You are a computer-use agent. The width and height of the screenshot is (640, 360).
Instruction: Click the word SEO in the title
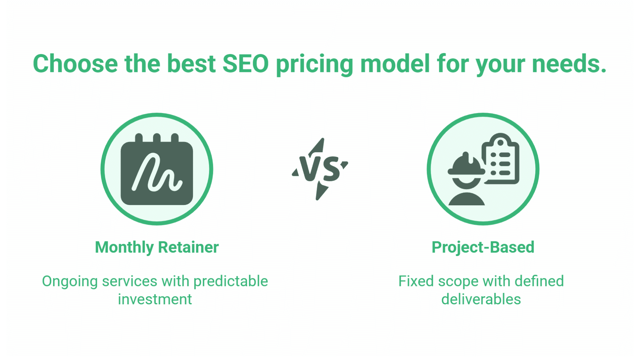(245, 63)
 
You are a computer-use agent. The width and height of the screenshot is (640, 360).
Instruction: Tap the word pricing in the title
(314, 64)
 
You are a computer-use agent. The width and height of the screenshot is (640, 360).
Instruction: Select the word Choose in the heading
(75, 63)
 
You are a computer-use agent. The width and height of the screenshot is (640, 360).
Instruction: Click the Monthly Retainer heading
(157, 247)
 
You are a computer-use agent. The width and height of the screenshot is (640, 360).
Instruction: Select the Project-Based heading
(483, 247)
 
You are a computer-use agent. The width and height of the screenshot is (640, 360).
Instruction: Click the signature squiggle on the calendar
(157, 173)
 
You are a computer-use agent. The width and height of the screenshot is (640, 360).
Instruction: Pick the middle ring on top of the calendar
(157, 138)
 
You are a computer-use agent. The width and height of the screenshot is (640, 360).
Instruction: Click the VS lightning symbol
(320, 169)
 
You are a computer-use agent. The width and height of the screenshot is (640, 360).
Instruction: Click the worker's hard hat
(466, 166)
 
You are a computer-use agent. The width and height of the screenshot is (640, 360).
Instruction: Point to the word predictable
(231, 281)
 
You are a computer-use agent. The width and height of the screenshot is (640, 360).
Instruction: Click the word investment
(155, 299)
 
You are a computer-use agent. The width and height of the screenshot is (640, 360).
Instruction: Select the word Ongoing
(70, 281)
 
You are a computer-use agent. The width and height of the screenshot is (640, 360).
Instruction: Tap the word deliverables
(481, 299)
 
